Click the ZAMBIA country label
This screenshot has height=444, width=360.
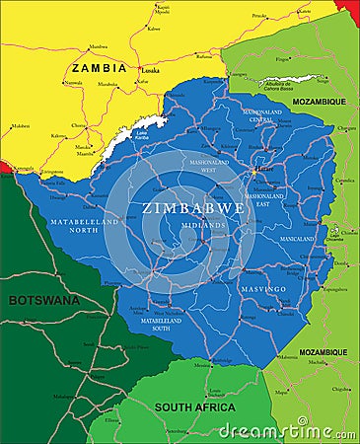tap(99, 68)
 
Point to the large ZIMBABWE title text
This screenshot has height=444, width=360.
tap(193, 208)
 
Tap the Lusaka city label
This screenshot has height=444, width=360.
tap(150, 71)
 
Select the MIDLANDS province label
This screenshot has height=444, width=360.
tap(203, 225)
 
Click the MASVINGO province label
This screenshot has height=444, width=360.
tap(263, 289)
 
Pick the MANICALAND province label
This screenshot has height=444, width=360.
tap(297, 239)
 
